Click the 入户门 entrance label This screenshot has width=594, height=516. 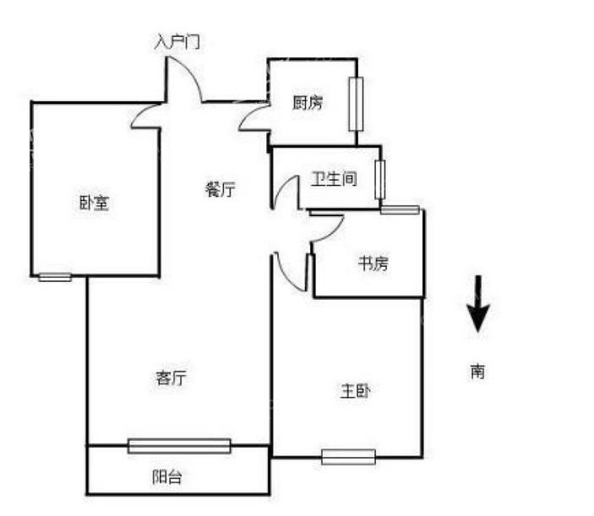click(x=177, y=42)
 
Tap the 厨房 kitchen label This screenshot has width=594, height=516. click(x=307, y=103)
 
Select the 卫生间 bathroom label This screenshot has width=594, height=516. click(x=334, y=179)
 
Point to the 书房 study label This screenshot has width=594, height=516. click(x=372, y=263)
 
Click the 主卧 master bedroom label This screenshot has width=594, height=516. click(x=355, y=391)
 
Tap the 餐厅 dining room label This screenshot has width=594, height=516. click(x=220, y=190)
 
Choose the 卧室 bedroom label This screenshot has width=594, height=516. click(x=93, y=203)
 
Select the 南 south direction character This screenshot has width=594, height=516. click(x=478, y=371)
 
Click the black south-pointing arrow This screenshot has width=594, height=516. click(x=478, y=304)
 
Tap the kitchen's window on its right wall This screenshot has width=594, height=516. click(x=355, y=105)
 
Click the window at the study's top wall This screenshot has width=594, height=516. click(x=400, y=209)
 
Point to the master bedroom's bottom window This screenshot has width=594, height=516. click(x=348, y=457)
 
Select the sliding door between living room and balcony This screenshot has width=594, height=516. click(x=179, y=446)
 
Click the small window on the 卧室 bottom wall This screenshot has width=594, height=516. click(x=55, y=276)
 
